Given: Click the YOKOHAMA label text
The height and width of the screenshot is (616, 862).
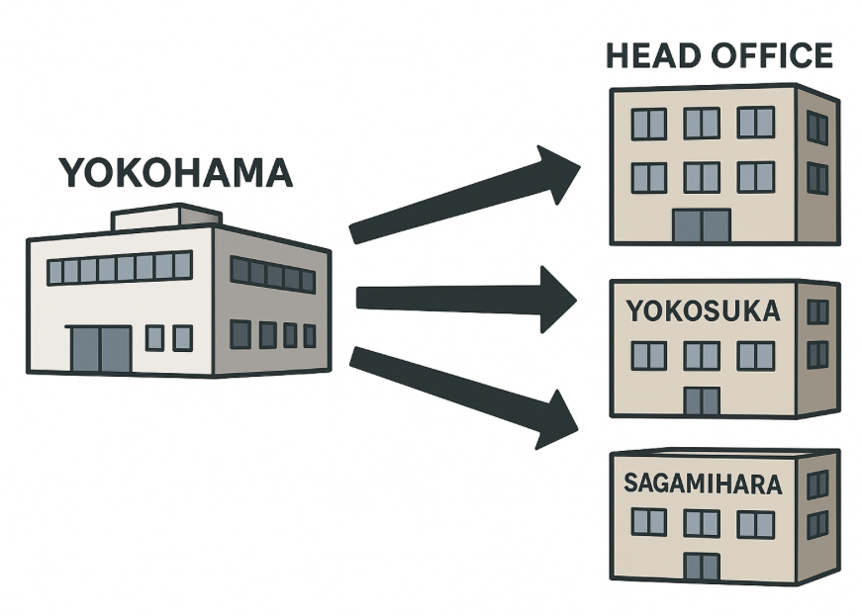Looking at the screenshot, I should (x=176, y=173).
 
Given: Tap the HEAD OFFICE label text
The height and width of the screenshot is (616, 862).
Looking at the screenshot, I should (x=718, y=55).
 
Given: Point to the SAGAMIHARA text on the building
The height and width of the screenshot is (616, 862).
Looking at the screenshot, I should (x=703, y=484).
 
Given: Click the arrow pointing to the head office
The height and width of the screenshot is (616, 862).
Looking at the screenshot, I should (x=465, y=198).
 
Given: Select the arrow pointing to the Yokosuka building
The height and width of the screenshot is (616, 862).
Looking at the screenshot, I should (x=465, y=298).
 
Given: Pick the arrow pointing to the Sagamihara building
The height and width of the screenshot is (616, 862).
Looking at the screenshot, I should (x=465, y=396).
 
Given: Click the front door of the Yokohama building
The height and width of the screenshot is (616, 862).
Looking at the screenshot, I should (x=100, y=349).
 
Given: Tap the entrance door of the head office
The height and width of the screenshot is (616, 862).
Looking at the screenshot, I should (x=701, y=226).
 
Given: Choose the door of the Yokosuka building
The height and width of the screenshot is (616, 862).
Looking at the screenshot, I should (x=702, y=401).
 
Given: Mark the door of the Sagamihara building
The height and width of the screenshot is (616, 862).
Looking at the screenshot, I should (x=702, y=568).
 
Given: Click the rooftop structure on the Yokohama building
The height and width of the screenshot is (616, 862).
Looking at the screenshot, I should (x=165, y=218).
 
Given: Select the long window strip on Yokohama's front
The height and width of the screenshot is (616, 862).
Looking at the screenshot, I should (x=119, y=268).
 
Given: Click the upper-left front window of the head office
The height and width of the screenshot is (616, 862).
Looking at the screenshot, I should (x=649, y=124).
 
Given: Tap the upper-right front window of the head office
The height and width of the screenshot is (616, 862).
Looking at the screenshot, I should (x=755, y=123).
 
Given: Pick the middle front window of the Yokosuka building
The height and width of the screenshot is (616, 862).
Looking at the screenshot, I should (x=702, y=356).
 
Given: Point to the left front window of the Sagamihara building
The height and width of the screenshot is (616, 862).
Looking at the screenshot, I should (x=648, y=523).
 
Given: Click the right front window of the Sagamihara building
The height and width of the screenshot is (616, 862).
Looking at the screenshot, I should (x=755, y=523).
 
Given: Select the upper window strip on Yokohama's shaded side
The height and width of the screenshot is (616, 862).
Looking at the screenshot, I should (x=272, y=275).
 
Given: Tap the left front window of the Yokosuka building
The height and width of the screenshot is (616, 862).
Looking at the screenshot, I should (x=648, y=356).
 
